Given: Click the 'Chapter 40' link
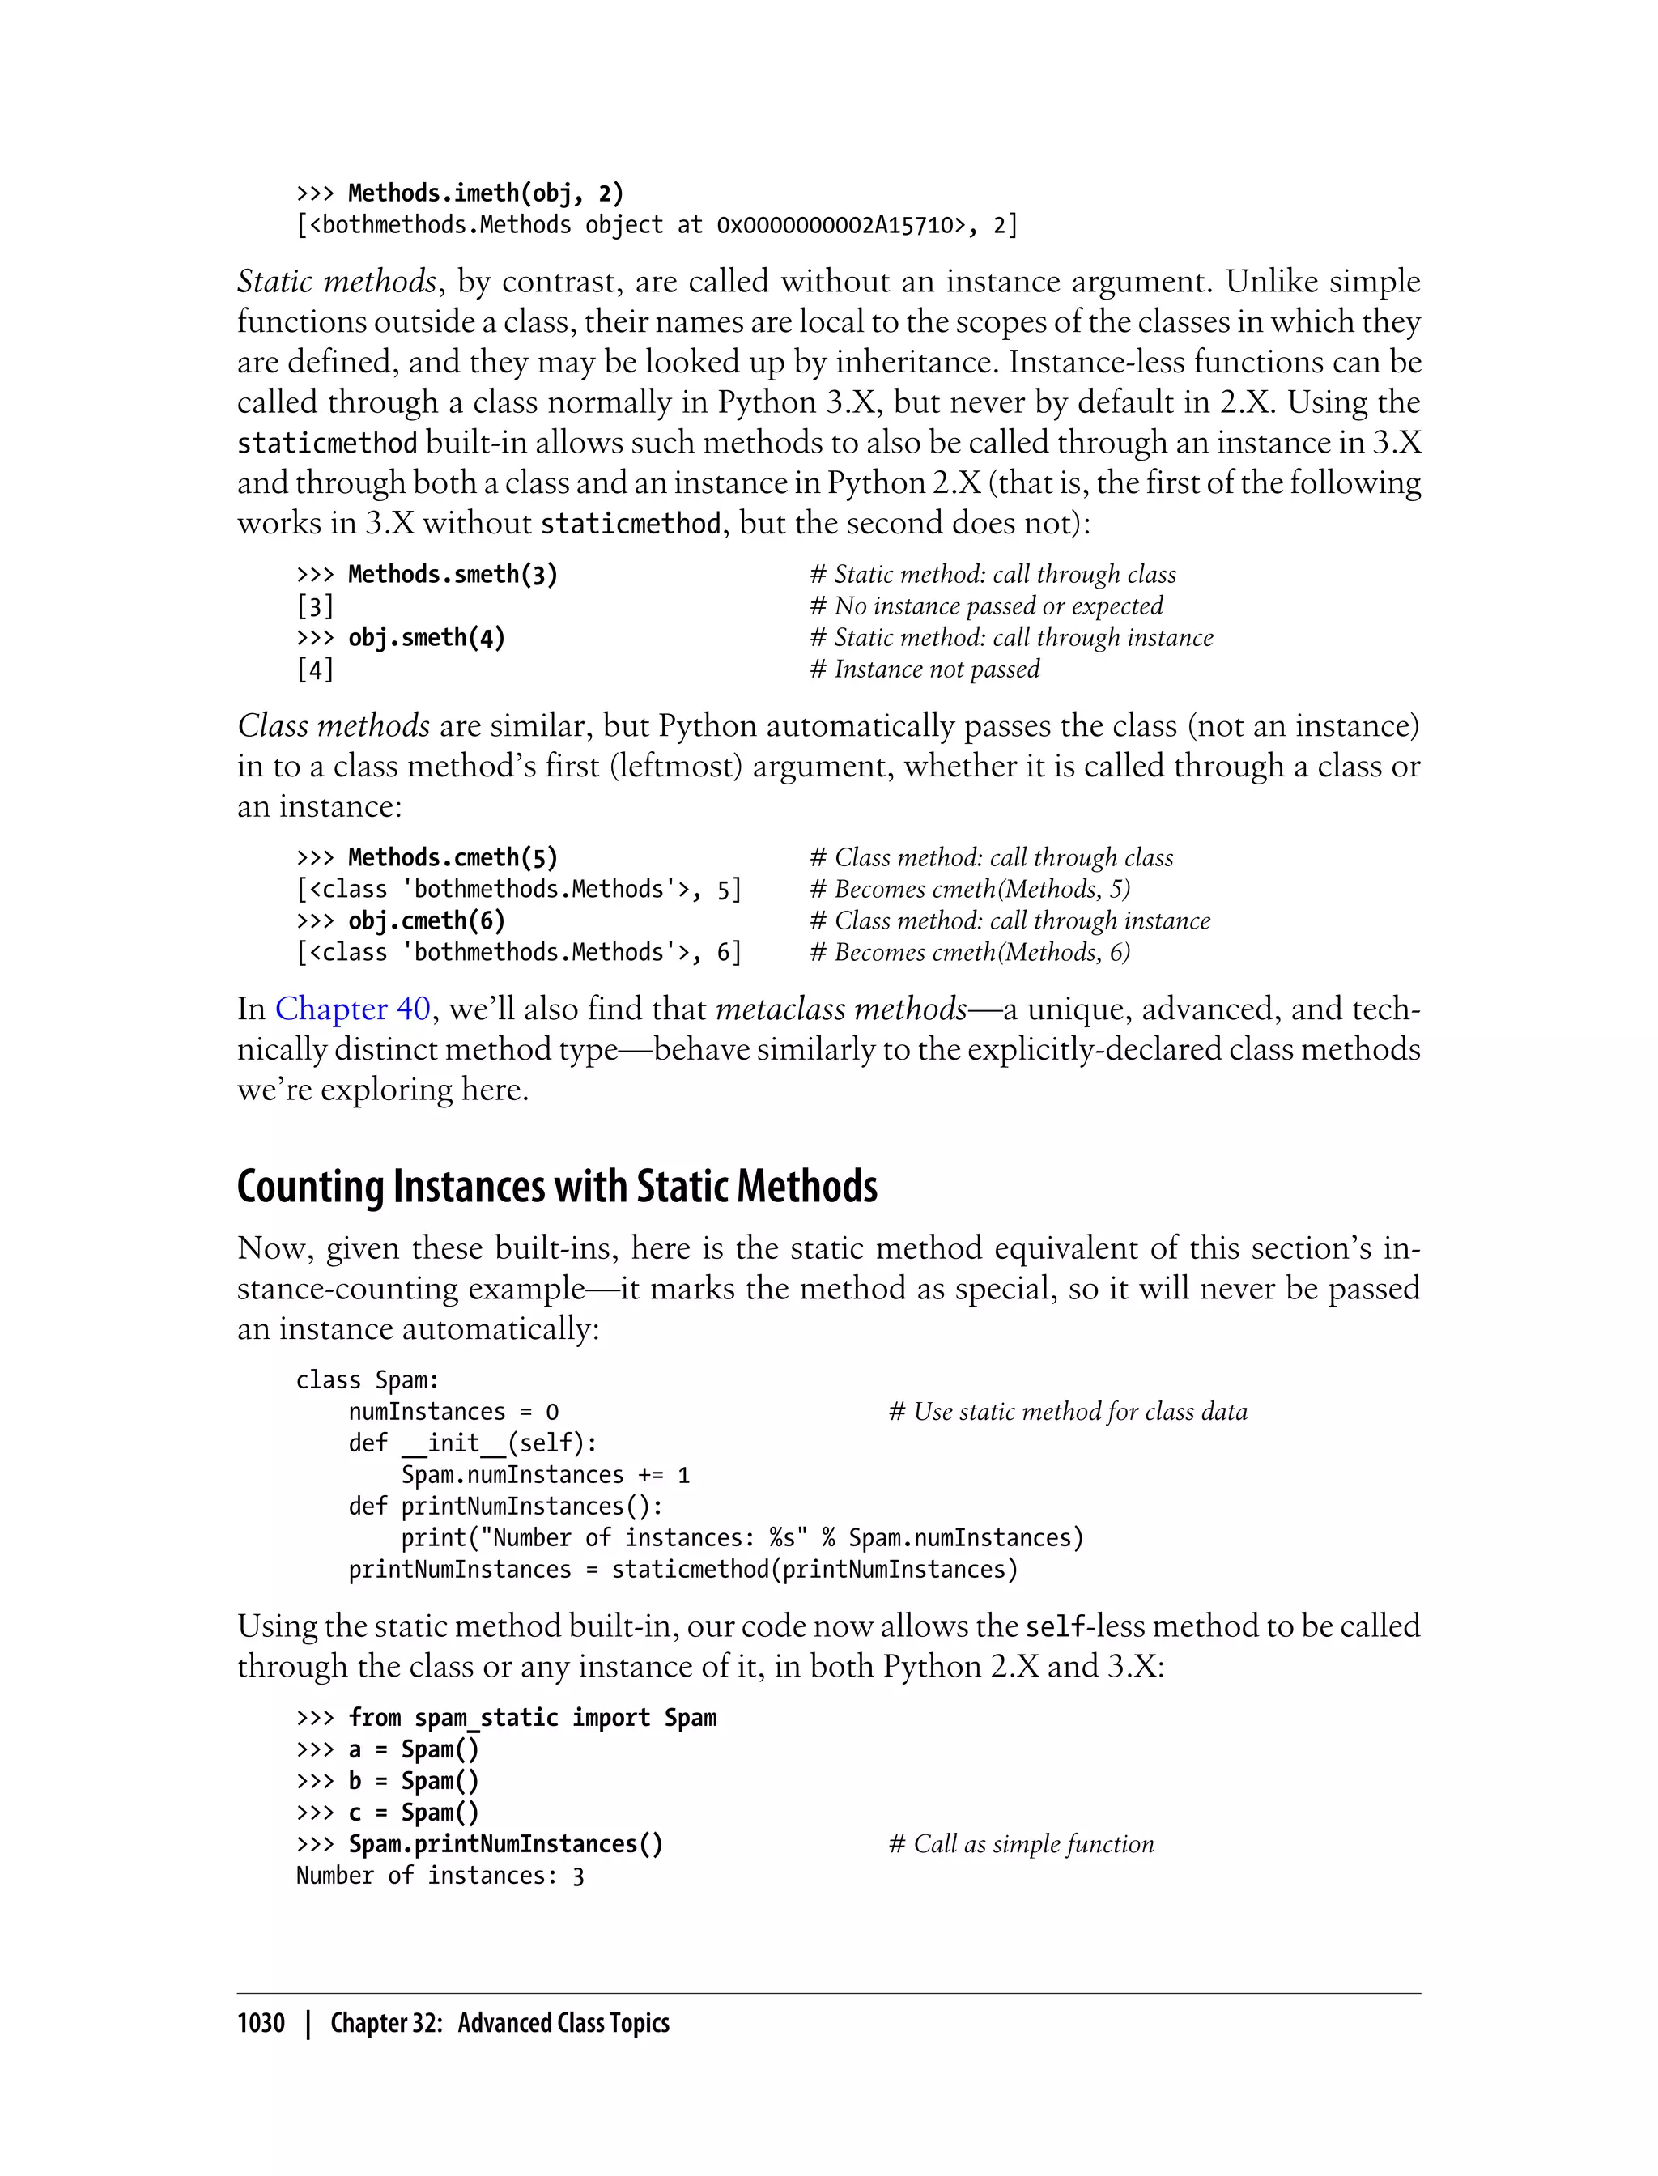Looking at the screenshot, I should pyautogui.click(x=352, y=1009).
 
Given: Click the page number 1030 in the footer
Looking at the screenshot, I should pyautogui.click(x=261, y=2022).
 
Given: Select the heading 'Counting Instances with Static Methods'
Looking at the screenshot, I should pyautogui.click(x=557, y=1185).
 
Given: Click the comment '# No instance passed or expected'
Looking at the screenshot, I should pyautogui.click(x=986, y=605).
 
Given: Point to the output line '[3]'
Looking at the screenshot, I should pyautogui.click(x=315, y=606).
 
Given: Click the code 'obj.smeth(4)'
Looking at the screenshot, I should pyautogui.click(x=427, y=638).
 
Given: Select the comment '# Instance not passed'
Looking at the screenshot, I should pyautogui.click(x=925, y=669).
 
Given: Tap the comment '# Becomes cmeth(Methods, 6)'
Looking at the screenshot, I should pyautogui.click(x=969, y=951).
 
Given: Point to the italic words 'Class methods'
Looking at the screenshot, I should pyautogui.click(x=334, y=725).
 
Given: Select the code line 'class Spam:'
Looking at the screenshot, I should pyautogui.click(x=367, y=1379).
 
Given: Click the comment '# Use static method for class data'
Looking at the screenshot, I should pyautogui.click(x=1067, y=1411).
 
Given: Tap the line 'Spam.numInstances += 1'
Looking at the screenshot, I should pyautogui.click(x=545, y=1474).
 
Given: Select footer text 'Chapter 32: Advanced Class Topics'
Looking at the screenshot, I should pyautogui.click(x=500, y=2022).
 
